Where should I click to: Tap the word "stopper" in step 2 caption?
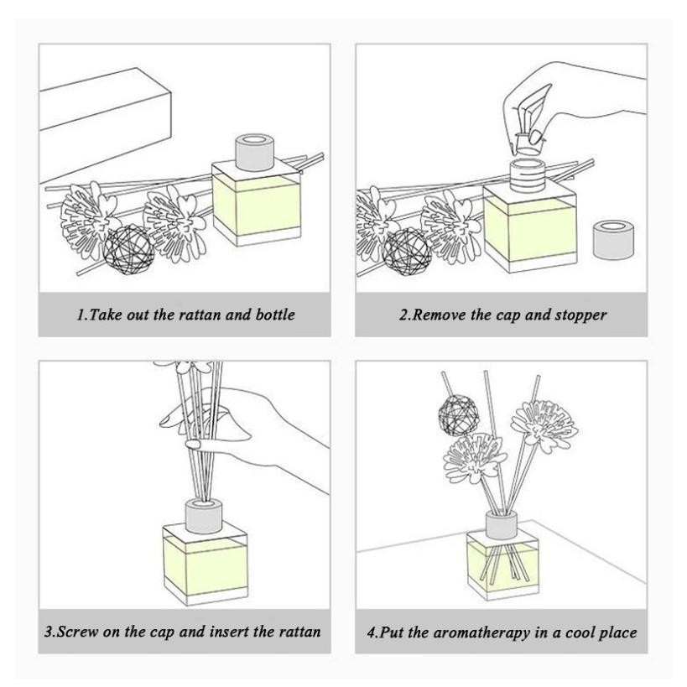point(581,315)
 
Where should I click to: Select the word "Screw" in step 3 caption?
point(77,632)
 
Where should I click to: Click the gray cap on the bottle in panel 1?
point(255,153)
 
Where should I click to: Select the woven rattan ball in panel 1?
point(129,250)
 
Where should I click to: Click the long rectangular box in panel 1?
point(106,124)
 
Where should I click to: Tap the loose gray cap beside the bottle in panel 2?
point(613,241)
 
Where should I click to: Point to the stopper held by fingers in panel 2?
point(528,144)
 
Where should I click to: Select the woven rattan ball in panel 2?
point(407,253)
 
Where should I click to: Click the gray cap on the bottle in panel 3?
point(204,517)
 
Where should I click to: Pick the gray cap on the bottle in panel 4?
point(502,525)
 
